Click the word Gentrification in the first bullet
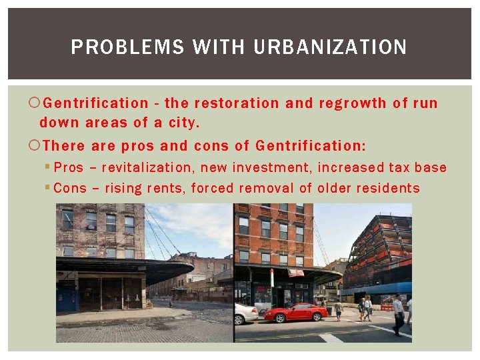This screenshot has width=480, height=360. point(96,103)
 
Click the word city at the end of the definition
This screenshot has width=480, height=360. point(185,123)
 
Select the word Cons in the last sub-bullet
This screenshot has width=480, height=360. point(69,188)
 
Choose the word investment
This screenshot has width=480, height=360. point(272,167)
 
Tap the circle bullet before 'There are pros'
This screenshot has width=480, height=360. point(35,146)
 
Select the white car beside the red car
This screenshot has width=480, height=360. point(245,313)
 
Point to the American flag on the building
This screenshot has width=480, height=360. point(295,272)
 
